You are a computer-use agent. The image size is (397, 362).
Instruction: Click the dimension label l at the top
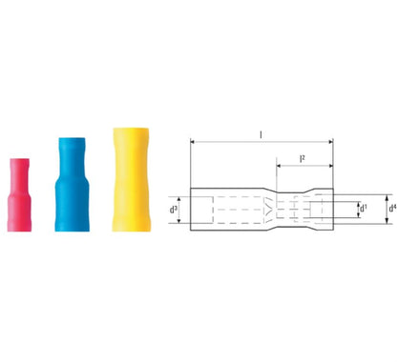261,133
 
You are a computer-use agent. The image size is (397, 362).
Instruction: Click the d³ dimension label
174,208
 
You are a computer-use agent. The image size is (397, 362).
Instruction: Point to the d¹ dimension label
362,208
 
